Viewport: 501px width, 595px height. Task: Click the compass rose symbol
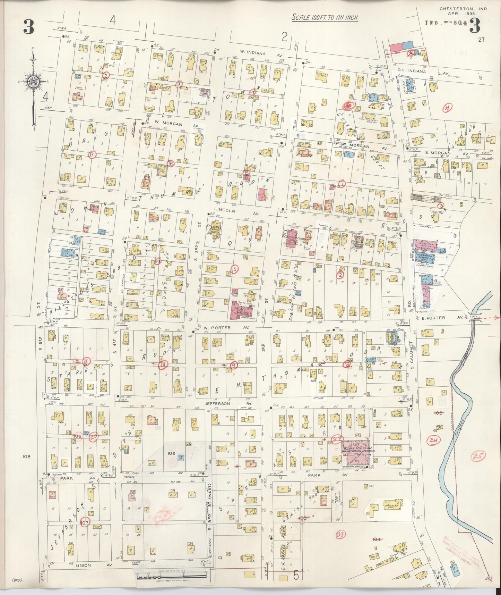pyautogui.click(x=34, y=82)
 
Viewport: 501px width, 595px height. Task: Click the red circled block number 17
pyautogui.click(x=92, y=154)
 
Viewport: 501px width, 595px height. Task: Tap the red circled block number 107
pyautogui.click(x=85, y=521)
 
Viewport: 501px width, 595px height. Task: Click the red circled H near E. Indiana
pyautogui.click(x=448, y=109)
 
